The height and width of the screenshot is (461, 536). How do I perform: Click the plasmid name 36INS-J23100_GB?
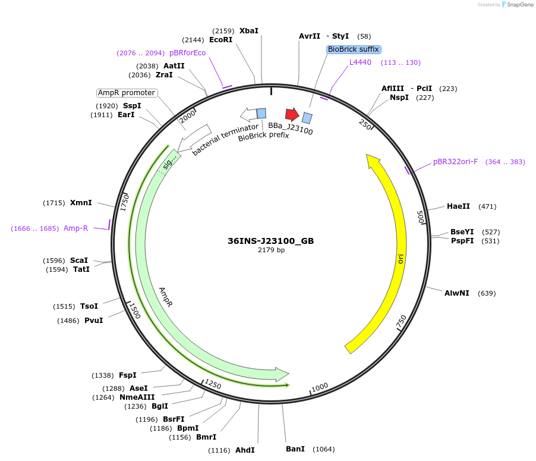tap(270, 242)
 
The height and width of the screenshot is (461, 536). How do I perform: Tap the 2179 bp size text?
tap(271, 250)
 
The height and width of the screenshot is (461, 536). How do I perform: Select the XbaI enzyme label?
tap(249, 31)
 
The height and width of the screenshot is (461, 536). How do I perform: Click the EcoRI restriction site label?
tap(220, 40)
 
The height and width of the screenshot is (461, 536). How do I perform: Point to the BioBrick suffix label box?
tap(354, 49)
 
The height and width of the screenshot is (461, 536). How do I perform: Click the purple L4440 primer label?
tap(360, 62)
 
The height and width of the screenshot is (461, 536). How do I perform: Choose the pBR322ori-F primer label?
tap(455, 162)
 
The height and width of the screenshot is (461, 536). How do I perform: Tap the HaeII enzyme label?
tap(458, 206)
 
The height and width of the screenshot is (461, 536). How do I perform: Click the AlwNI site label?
tap(456, 293)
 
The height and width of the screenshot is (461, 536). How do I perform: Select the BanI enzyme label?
tap(295, 449)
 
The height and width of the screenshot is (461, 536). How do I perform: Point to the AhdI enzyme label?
tap(245, 450)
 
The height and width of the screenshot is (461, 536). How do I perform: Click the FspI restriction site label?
tap(127, 375)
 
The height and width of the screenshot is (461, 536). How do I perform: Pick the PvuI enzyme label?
tap(93, 321)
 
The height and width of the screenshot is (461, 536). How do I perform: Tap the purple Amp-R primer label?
tap(75, 228)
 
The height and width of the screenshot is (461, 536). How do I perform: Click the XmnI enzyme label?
tap(81, 203)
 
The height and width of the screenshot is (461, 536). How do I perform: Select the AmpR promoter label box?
tap(127, 93)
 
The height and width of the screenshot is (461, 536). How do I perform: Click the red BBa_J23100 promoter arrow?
tap(292, 114)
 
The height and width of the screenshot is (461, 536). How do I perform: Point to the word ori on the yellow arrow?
tap(401, 259)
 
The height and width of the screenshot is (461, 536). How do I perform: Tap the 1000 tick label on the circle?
tap(320, 387)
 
